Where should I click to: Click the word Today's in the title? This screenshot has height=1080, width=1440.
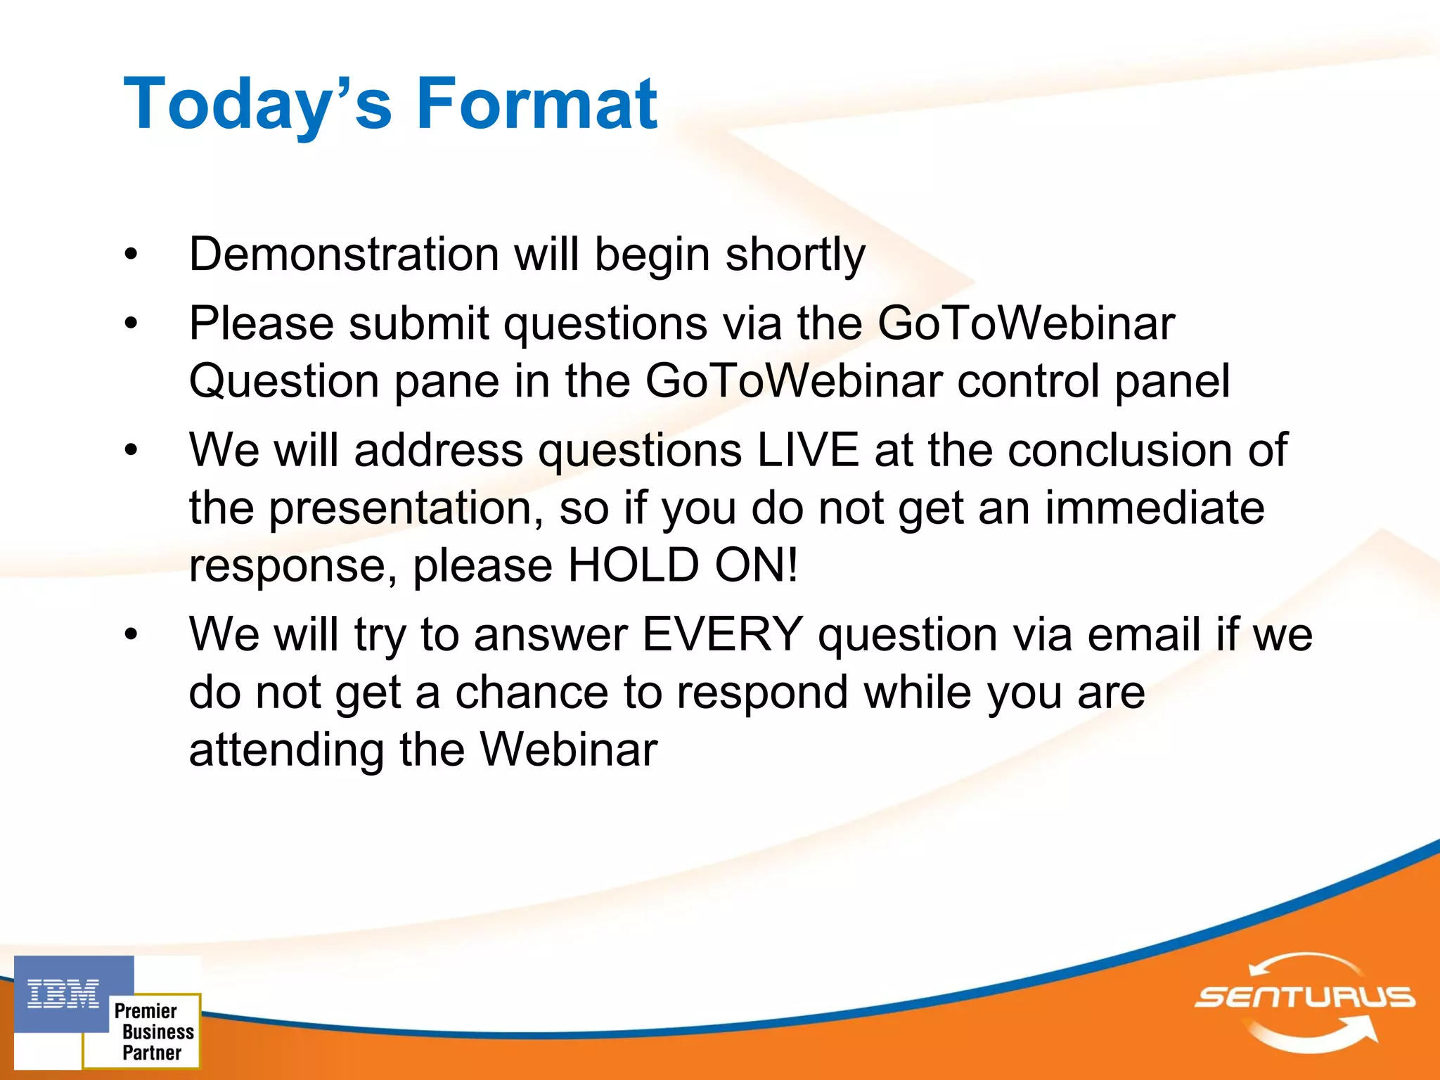coord(257,104)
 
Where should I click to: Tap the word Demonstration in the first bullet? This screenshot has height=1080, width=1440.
coord(344,254)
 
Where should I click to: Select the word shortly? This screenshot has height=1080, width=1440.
coord(795,255)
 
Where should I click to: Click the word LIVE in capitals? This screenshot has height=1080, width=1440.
coord(808,450)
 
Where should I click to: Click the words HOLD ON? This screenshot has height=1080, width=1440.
coord(683,565)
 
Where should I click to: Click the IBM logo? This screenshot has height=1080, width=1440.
coord(63,994)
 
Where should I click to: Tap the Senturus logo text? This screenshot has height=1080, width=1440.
coord(1304,996)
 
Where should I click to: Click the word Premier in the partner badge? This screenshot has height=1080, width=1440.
coord(146,1011)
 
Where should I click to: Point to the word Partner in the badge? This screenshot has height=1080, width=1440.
coord(152,1053)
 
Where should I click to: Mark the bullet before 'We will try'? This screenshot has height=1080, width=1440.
coord(131,635)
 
